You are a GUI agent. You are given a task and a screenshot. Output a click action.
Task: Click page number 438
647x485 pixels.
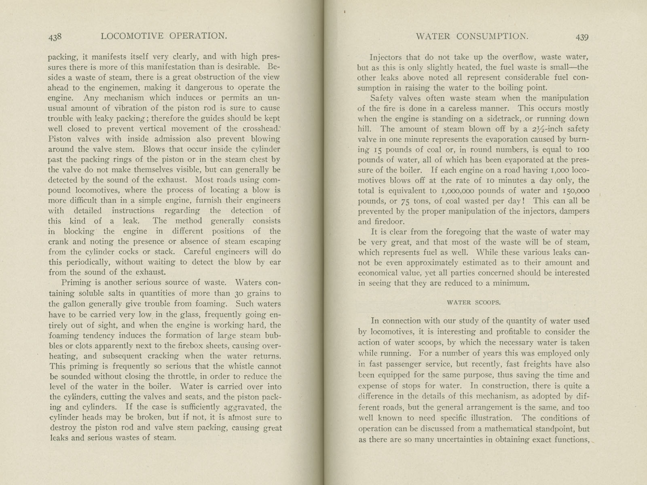55,37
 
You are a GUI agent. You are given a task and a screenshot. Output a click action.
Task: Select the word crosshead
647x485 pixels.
260,129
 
